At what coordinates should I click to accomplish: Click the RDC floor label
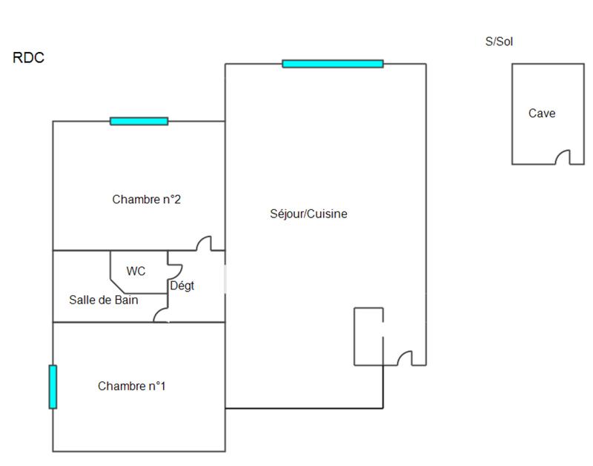tap(28, 58)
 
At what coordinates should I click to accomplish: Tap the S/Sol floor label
tap(499, 42)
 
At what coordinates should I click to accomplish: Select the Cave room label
tap(542, 114)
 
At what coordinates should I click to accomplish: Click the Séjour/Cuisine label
tap(308, 214)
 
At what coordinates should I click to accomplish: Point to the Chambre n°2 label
tap(147, 199)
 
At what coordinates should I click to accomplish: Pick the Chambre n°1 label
tap(132, 386)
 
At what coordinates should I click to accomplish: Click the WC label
tap(136, 272)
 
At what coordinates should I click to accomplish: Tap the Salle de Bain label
tap(104, 300)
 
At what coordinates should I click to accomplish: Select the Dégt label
tap(182, 286)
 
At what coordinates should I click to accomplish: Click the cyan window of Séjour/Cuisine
tap(333, 64)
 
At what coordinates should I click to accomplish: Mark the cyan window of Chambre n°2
tap(139, 121)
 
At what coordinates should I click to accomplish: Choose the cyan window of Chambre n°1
tap(53, 387)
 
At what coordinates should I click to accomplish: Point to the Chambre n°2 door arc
tap(204, 243)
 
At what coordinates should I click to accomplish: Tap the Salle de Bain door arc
tap(160, 315)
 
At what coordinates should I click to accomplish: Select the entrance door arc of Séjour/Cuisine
tap(405, 358)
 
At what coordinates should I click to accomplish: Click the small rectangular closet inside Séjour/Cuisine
tap(368, 336)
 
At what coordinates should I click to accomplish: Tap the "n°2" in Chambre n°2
tap(170, 199)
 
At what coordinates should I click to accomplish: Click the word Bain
tap(127, 300)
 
